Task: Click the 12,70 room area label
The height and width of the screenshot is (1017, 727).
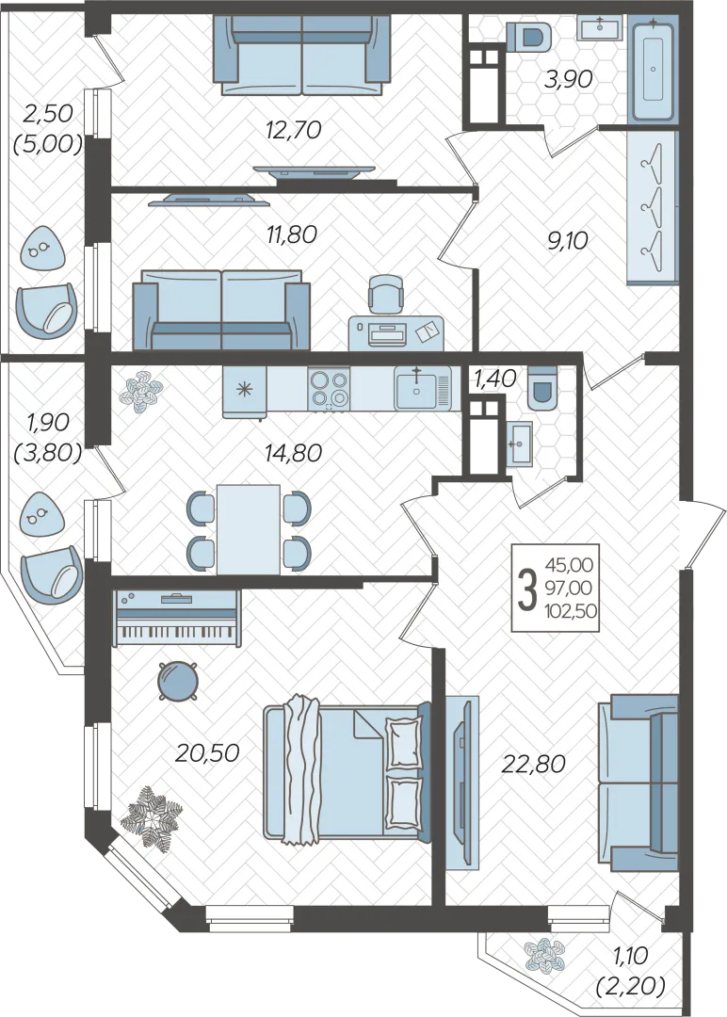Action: coord(293,130)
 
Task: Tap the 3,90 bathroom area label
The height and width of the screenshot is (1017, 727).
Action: coord(568,80)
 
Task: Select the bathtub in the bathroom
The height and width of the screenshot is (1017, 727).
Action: coord(653,70)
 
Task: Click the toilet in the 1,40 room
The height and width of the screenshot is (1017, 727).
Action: coord(542,388)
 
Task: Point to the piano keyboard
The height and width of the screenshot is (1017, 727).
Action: coord(176,618)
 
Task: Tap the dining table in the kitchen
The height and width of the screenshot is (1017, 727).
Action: coord(249,529)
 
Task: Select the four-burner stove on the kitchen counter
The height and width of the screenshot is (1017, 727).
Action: coord(329,389)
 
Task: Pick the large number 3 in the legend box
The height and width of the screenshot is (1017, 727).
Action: coord(529,589)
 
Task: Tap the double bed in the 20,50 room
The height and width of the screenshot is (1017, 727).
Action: coord(347,772)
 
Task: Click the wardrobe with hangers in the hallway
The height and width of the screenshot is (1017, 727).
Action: coord(653,207)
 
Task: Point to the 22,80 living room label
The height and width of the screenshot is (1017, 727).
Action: coord(533,764)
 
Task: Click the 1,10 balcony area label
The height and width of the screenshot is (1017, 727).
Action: coord(629,956)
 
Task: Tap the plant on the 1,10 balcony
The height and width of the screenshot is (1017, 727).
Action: coord(544,955)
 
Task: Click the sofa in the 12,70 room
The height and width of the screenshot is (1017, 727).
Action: coord(301,56)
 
